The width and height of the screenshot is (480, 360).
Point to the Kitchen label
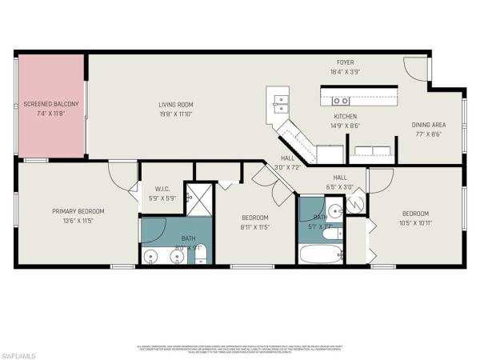[x=345, y=116]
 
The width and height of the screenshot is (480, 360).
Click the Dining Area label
[x=429, y=126]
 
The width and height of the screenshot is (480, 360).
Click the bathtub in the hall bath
[x=320, y=254]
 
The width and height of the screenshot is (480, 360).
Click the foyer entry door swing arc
[x=418, y=71]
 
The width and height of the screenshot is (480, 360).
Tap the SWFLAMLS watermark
[x=22, y=351]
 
